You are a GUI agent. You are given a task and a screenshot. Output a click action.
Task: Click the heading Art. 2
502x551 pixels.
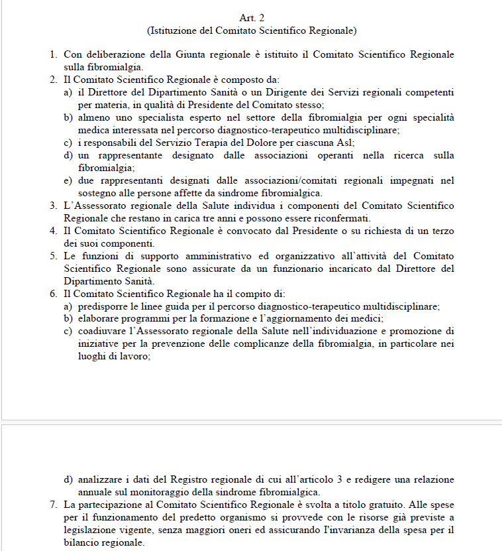click(251, 18)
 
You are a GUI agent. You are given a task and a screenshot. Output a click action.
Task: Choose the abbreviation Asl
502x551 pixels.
click(346, 142)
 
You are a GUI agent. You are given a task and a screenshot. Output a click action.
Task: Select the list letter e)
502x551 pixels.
click(68, 180)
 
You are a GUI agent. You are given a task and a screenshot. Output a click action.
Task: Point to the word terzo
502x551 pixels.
click(440, 230)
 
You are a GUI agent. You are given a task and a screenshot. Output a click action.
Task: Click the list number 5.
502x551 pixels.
click(54, 255)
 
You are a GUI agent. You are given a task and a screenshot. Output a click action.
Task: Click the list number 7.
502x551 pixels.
click(54, 505)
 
